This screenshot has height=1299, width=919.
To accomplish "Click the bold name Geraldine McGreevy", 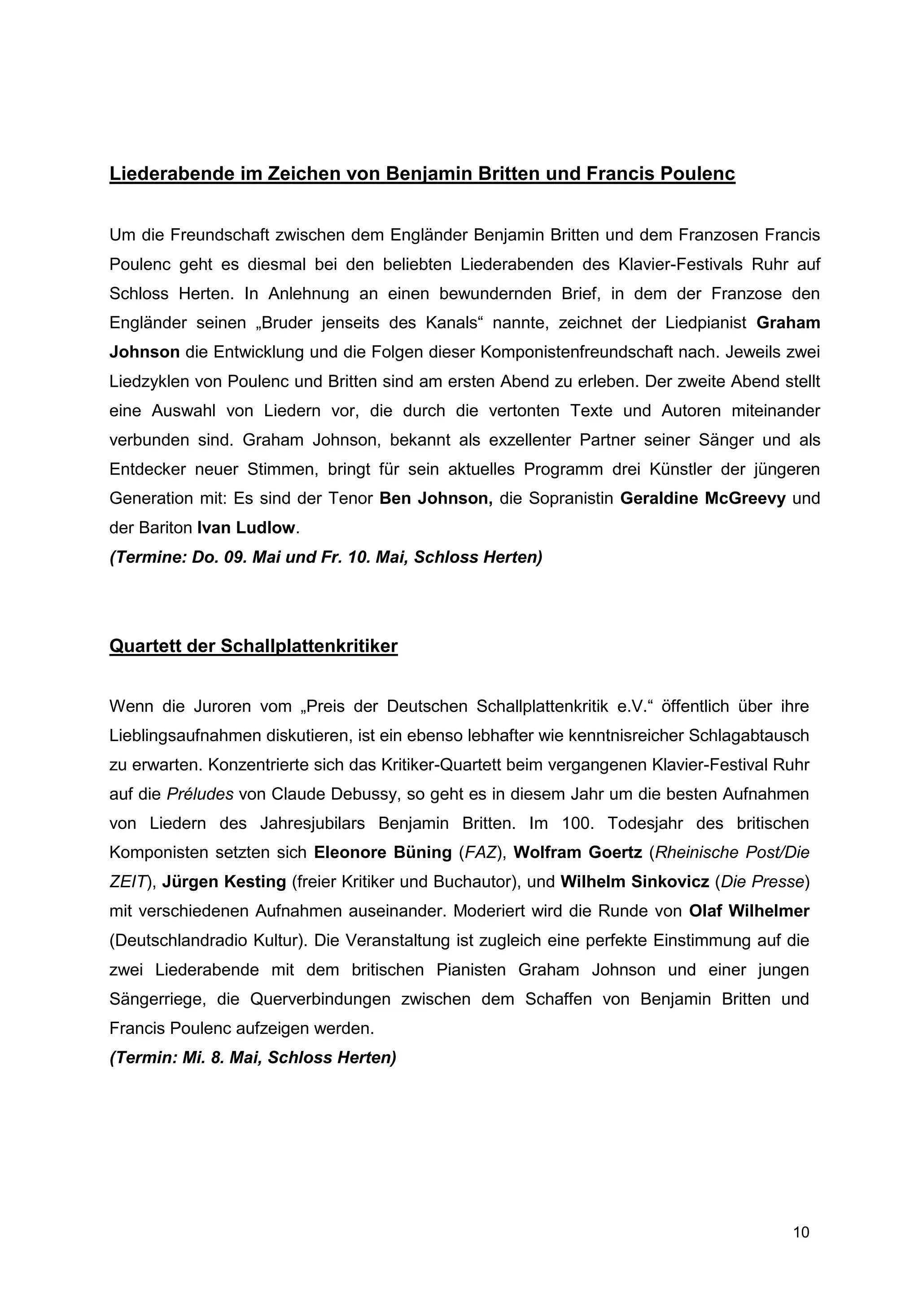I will pos(703,498).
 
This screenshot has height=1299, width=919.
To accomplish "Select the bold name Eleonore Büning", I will pos(382,852).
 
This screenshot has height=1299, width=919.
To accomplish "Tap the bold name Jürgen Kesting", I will pos(224,881).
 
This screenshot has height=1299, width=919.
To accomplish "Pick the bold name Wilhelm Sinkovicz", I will pos(635,881).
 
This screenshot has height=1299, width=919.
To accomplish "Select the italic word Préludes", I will pos(200,794).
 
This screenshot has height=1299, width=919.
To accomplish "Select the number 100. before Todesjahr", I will pos(578,823).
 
